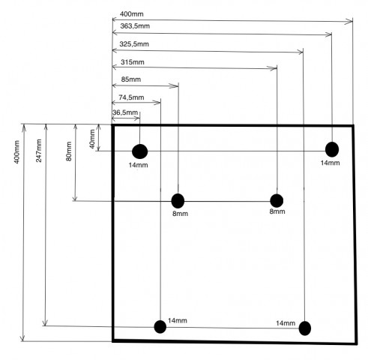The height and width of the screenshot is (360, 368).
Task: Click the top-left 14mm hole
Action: point(140,151)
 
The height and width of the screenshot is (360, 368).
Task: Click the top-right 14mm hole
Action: point(332,149)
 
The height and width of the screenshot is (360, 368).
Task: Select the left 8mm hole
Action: point(178,201)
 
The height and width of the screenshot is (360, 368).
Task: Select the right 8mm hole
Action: point(277,200)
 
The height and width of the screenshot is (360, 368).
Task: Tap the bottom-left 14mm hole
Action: point(160,327)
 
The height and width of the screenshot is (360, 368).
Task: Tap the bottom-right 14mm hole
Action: point(305,328)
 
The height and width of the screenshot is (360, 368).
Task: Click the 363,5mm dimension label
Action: point(135,26)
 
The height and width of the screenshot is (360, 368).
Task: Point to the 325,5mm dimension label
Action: point(134,44)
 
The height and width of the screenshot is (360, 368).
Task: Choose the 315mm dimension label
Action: point(133,62)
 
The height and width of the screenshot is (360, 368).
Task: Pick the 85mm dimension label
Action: point(131,79)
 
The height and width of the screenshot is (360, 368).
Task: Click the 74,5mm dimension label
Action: point(131,97)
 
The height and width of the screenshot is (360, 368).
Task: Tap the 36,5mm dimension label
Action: point(125,112)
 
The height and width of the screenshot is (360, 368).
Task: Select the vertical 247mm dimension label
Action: point(39,151)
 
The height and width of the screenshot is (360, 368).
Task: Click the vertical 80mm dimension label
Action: point(69,151)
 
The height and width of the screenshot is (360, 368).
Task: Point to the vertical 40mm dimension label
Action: point(92,139)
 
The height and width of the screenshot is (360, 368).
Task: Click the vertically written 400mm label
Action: point(16,152)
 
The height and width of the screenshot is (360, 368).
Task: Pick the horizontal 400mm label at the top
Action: point(132,14)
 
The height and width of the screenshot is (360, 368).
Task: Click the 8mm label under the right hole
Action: point(277,211)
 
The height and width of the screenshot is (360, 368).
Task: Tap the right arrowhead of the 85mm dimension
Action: point(174,86)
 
